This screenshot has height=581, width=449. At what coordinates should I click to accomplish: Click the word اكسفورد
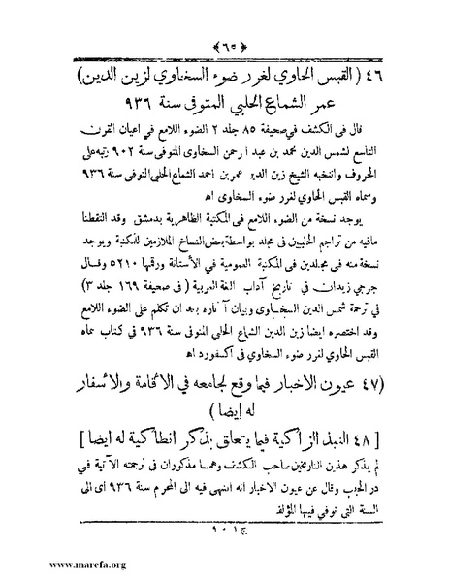pyautogui.click(x=116, y=339)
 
